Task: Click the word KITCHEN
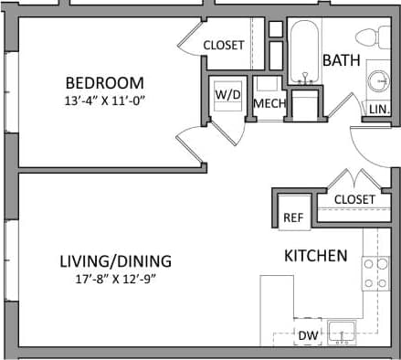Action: tap(315, 255)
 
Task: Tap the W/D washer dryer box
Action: tap(227, 95)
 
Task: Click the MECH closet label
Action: tap(269, 103)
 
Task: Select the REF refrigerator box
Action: tap(292, 217)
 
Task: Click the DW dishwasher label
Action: tap(308, 335)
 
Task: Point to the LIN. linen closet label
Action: tap(377, 110)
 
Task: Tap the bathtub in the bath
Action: tap(302, 50)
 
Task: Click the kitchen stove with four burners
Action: tap(375, 274)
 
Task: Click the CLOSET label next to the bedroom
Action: tap(223, 45)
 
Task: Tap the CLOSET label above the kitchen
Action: tap(354, 198)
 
